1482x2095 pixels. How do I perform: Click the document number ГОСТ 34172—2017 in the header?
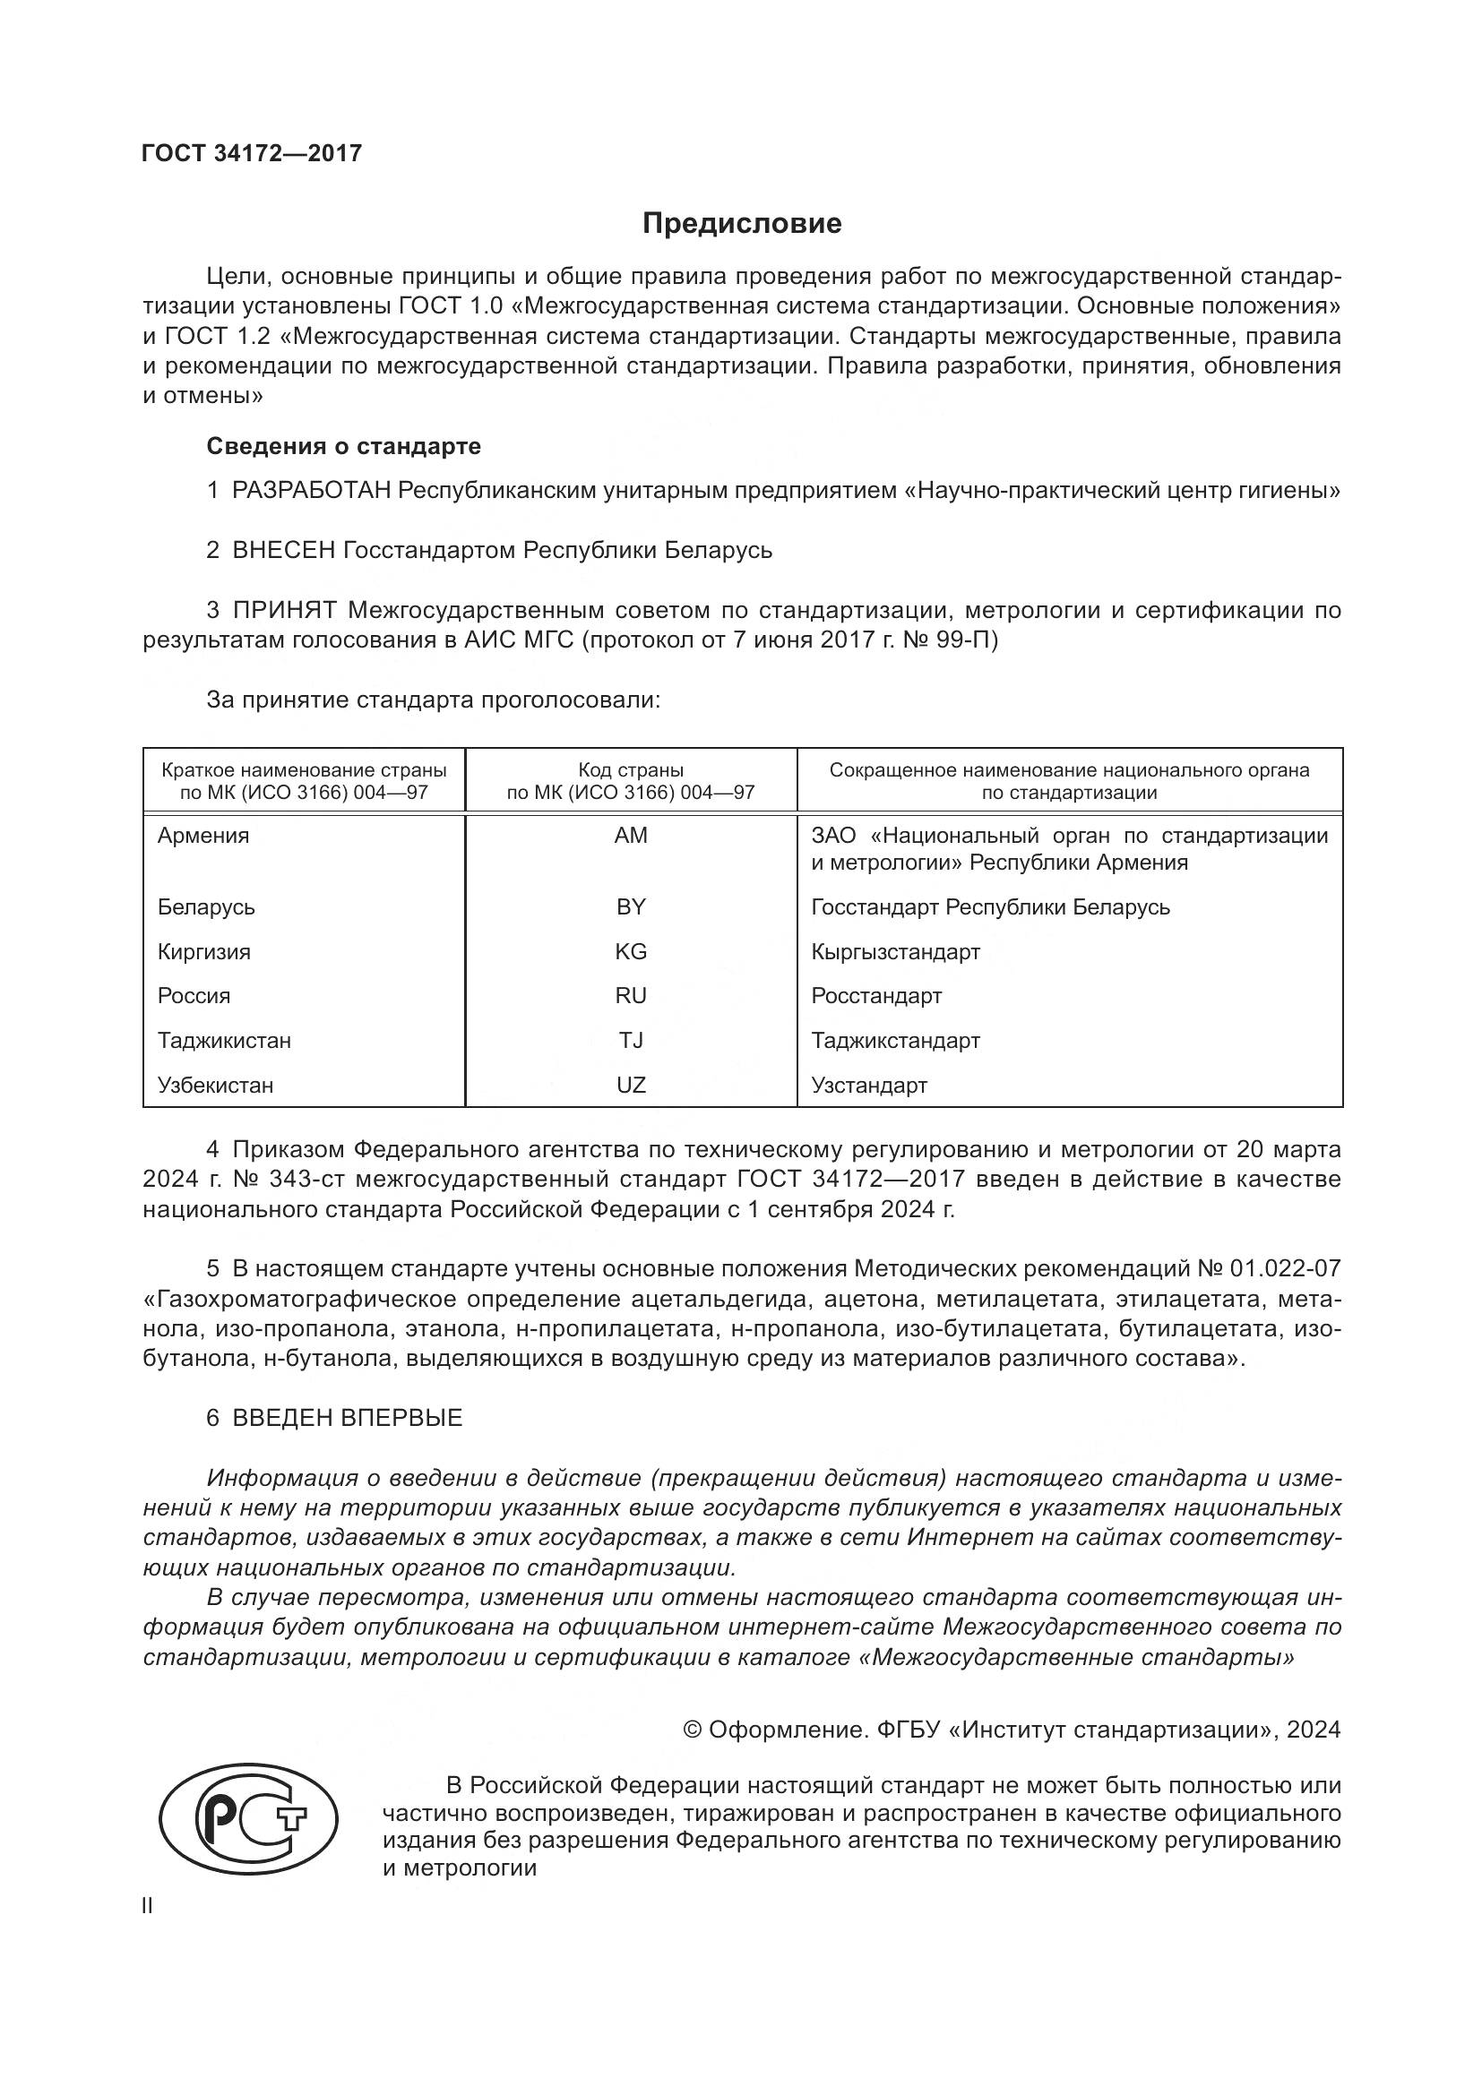[252, 153]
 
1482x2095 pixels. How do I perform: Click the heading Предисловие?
[741, 224]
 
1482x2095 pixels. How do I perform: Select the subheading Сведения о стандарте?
[343, 446]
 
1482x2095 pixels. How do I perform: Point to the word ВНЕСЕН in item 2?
[284, 550]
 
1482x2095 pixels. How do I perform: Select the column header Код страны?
[631, 770]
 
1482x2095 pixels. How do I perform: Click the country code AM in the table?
[631, 836]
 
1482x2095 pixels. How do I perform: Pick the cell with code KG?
[631, 952]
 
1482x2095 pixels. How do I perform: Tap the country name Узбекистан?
[215, 1085]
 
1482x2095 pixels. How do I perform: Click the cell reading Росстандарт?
[876, 995]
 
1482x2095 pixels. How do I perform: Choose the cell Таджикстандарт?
[895, 1040]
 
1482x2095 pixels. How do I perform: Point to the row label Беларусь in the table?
[206, 907]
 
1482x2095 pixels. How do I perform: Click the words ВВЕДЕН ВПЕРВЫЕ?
[347, 1418]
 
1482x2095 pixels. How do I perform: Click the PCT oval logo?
[248, 1815]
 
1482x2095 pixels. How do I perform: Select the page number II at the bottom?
[148, 1906]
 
